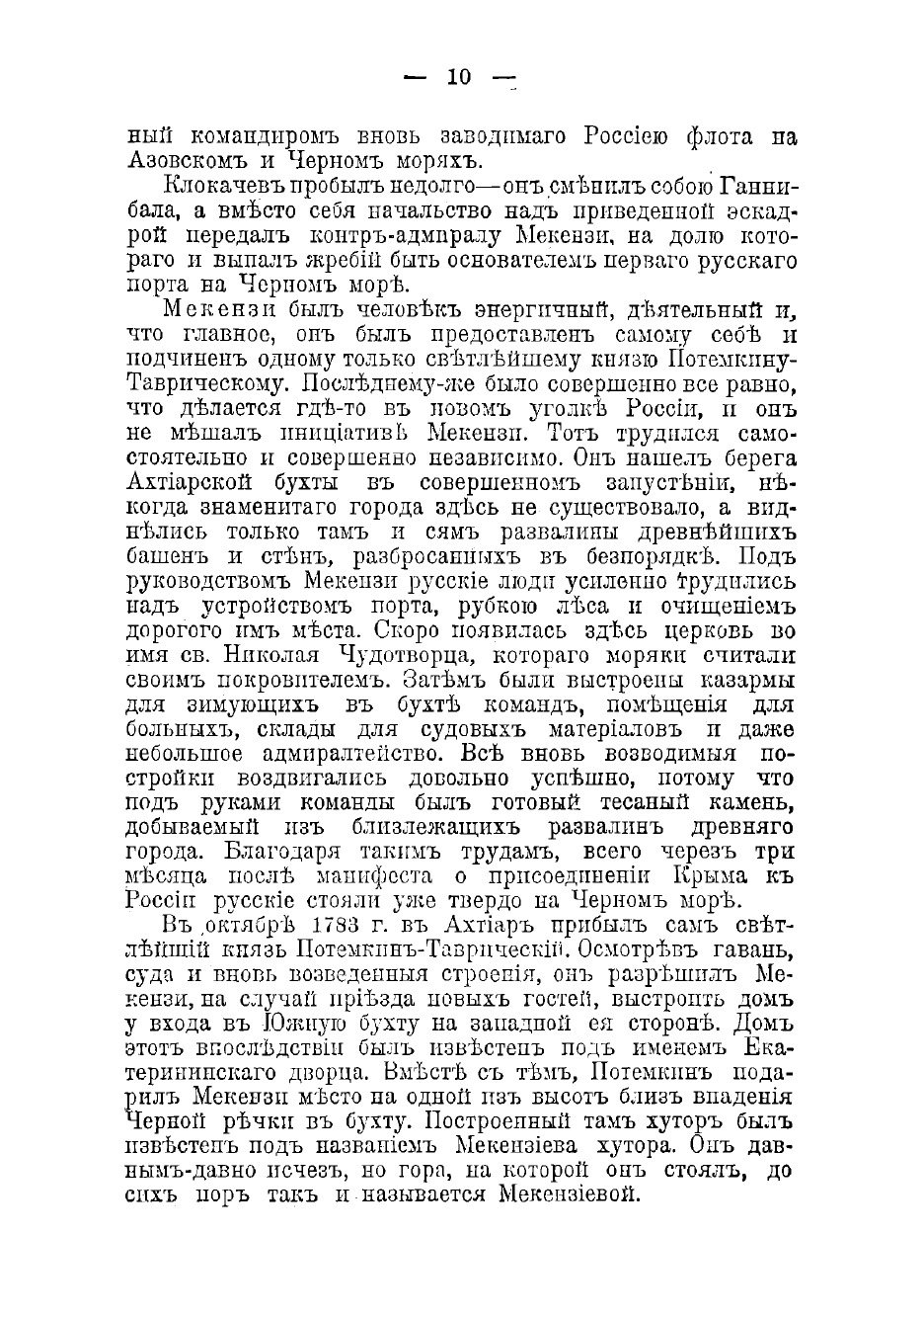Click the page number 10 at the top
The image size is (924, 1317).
460,78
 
